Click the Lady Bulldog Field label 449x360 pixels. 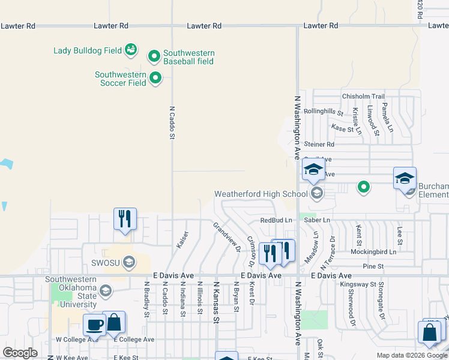pos(88,50)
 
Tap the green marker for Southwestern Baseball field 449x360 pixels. pos(154,56)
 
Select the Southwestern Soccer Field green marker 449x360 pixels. pos(155,77)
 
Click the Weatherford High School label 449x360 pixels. pos(261,194)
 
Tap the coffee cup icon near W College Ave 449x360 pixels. pos(94,325)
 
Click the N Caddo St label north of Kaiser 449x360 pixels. pos(172,123)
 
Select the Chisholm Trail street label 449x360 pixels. pos(363,97)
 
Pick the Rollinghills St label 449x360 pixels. pos(323,112)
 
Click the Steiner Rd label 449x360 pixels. pos(319,144)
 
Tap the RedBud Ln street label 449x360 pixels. pos(276,220)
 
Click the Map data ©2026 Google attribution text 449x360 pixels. pos(411,355)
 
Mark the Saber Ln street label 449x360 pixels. pos(318,220)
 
